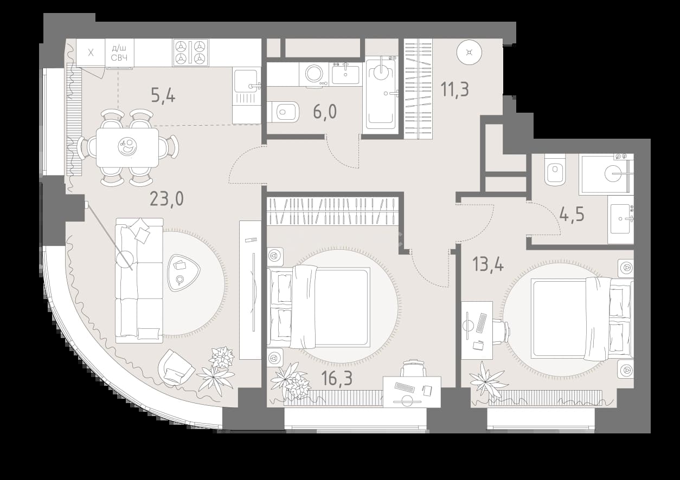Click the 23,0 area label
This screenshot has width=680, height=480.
point(166,199)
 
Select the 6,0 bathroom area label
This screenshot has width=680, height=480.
point(325,112)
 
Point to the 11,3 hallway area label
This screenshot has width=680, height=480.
point(455,89)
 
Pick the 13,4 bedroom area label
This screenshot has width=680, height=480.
point(488,264)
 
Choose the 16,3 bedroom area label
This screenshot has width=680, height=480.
point(337,378)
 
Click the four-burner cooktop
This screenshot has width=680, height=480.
point(191,53)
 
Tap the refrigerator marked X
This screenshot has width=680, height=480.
point(91,53)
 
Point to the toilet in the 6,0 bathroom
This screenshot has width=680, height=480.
point(283,112)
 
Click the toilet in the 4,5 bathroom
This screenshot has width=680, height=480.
point(555,170)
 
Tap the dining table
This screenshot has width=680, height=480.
point(127,147)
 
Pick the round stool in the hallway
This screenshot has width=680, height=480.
point(469,52)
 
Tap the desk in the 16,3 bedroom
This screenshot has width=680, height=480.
point(412,392)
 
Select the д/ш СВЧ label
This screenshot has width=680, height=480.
point(119,53)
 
